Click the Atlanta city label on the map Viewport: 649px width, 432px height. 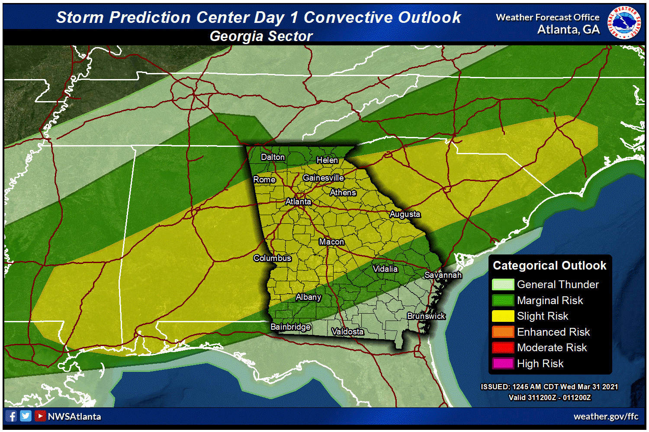[298, 201]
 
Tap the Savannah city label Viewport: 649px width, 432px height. [443, 275]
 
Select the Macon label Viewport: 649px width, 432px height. [331, 241]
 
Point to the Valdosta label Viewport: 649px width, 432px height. [347, 331]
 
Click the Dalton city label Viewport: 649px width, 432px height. [273, 157]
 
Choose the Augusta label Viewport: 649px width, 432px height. [405, 214]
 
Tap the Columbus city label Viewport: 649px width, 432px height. [272, 258]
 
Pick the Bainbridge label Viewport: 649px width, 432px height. [290, 327]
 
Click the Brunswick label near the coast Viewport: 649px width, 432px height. [426, 316]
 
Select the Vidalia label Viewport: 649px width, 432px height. [385, 269]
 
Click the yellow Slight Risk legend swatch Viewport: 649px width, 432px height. [503, 316]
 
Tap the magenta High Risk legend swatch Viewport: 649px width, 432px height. [503, 363]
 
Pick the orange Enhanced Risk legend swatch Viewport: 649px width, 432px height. [503, 332]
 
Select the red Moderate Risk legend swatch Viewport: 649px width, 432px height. [503, 348]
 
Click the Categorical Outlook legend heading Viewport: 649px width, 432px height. [549, 265]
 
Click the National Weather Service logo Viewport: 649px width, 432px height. [624, 22]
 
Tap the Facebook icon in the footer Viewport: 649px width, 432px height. [12, 416]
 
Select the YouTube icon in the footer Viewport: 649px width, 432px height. [40, 416]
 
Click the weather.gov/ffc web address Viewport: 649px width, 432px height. [606, 416]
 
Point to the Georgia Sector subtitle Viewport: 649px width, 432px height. [261, 36]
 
